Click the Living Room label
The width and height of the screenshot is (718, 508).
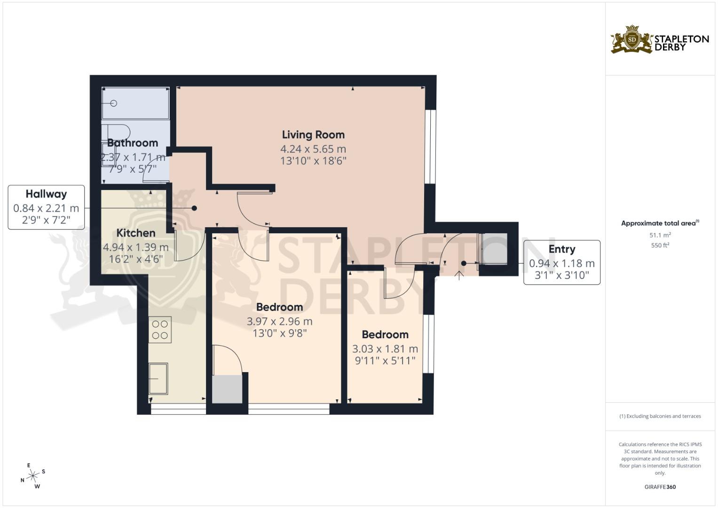point(313,135)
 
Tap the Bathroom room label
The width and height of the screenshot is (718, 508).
point(132,143)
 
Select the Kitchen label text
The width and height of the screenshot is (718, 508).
point(136,233)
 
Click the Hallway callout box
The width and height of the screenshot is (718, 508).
point(46,207)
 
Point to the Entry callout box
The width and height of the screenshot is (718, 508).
point(562,262)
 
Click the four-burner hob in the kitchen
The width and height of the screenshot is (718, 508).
point(160,330)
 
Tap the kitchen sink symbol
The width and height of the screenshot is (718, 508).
point(158,379)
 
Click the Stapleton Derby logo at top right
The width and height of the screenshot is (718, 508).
point(660,40)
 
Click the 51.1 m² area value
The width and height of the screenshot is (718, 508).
point(660,235)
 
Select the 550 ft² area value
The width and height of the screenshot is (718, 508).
point(660,246)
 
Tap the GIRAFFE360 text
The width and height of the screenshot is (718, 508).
point(660,487)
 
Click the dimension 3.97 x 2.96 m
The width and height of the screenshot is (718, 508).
point(280,322)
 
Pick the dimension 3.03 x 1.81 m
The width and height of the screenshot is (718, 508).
point(385,349)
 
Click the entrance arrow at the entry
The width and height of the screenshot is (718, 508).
point(459,275)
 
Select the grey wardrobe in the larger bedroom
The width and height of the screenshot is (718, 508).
point(227,389)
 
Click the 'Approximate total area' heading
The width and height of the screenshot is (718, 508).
point(660,223)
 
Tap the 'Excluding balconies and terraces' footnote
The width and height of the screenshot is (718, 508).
point(660,416)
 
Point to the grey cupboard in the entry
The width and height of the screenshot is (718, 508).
point(494,249)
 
